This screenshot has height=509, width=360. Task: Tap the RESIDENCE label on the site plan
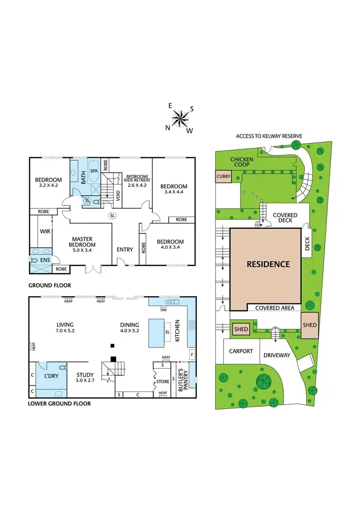pos(268,264)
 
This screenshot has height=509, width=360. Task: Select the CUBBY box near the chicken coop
pos(223,176)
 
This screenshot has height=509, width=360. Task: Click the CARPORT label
pos(241,351)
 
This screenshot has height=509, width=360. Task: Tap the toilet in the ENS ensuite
pos(34,260)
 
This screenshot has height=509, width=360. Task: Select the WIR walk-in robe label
pos(45,231)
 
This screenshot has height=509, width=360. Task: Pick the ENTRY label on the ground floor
pos(125,249)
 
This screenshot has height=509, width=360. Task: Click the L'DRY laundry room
pos(51,376)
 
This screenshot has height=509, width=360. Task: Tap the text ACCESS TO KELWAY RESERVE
pos(269,136)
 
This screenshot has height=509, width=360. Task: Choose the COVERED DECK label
pos(285,218)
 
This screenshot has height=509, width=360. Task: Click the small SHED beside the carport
pos(241,329)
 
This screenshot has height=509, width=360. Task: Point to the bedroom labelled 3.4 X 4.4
pos(173,189)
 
